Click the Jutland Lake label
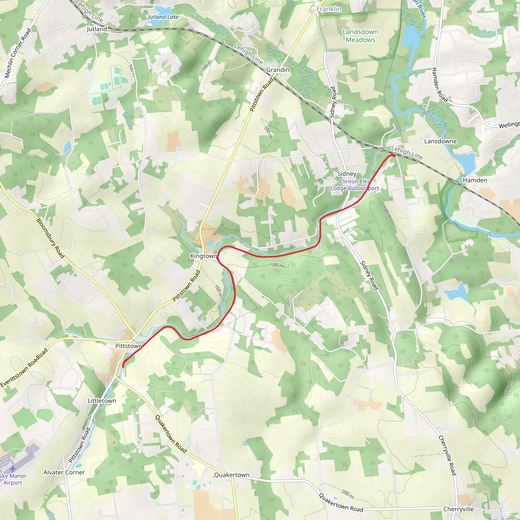pyautogui.click(x=163, y=17)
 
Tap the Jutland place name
pyautogui.click(x=97, y=29)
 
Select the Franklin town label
pyautogui.click(x=329, y=9)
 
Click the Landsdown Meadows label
pyautogui.click(x=360, y=36)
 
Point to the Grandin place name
pyautogui.click(x=278, y=70)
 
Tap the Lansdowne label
pyautogui.click(x=441, y=141)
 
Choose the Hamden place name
pyautogui.click(x=475, y=180)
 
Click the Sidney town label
pyautogui.click(x=347, y=174)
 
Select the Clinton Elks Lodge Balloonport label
pyautogui.click(x=354, y=185)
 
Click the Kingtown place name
pyautogui.click(x=203, y=256)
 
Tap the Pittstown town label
pyautogui.click(x=129, y=346)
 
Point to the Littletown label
pyautogui.click(x=102, y=401)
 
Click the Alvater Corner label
pyautogui.click(x=64, y=473)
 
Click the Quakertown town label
pyautogui.click(x=232, y=475)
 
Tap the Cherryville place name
pyautogui.click(x=459, y=509)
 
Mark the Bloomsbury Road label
pyautogui.click(x=50, y=238)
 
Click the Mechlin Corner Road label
pyautogui.click(x=18, y=53)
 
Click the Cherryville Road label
pyautogui.click(x=447, y=456)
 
